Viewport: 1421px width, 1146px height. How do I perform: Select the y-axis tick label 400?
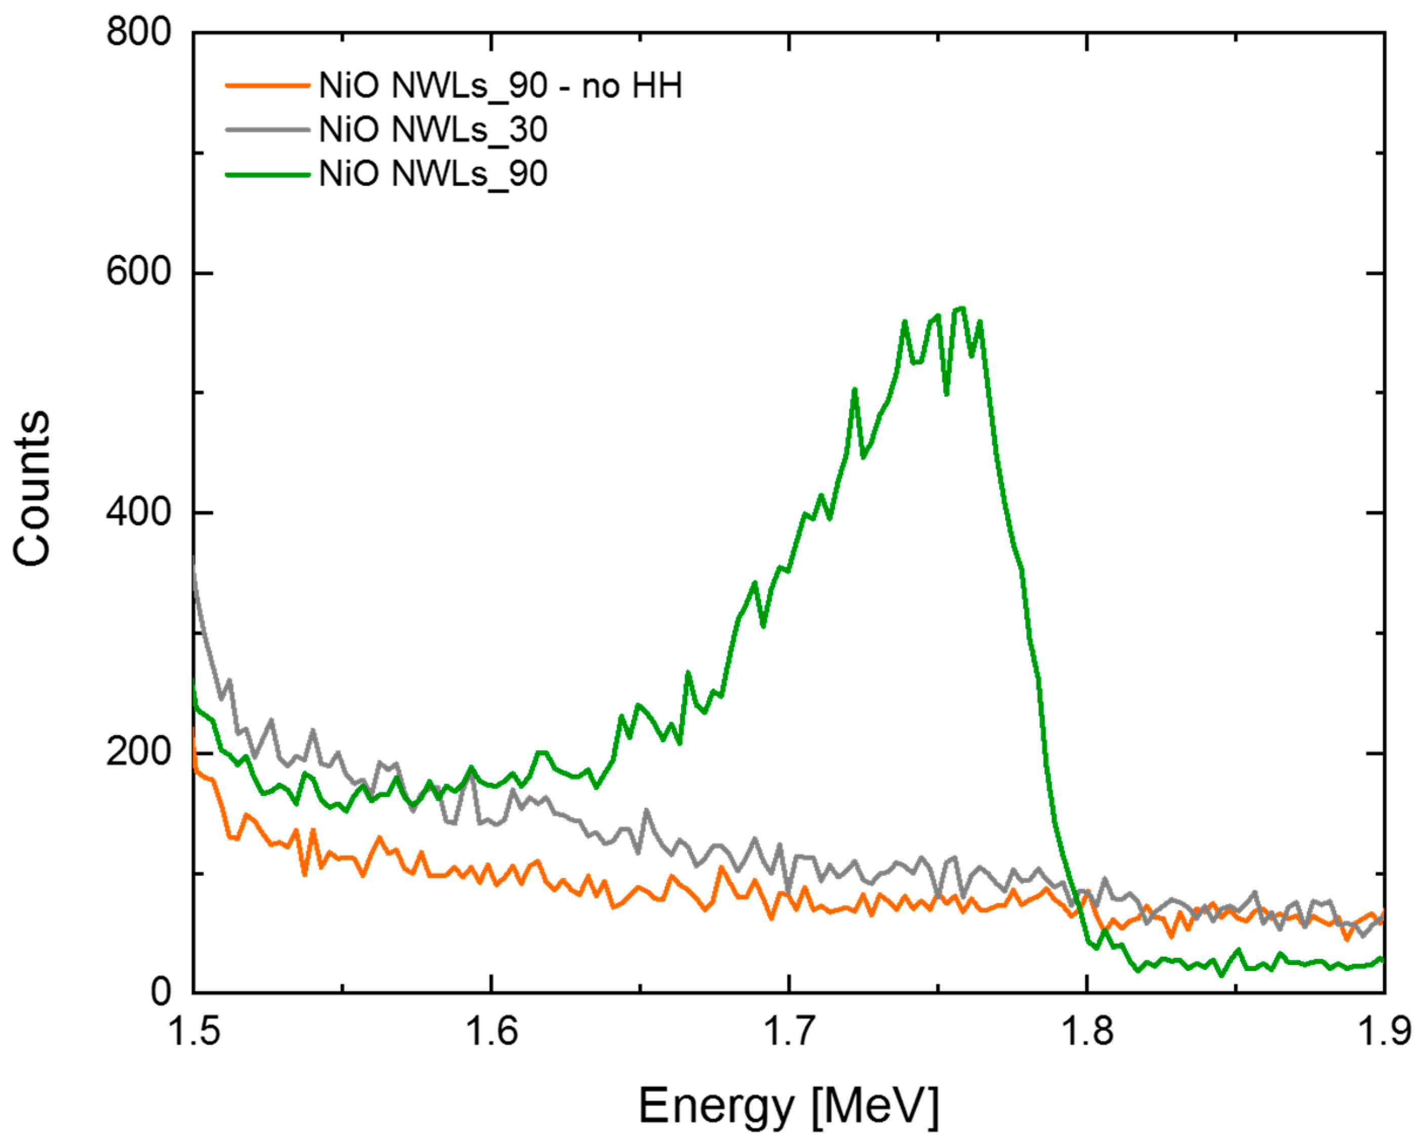(138, 512)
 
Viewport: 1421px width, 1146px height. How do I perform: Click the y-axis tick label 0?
(161, 992)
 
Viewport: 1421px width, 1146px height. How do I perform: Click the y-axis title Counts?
(32, 488)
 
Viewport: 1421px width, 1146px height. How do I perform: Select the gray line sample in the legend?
(267, 130)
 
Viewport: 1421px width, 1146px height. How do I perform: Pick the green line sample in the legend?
(267, 174)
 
